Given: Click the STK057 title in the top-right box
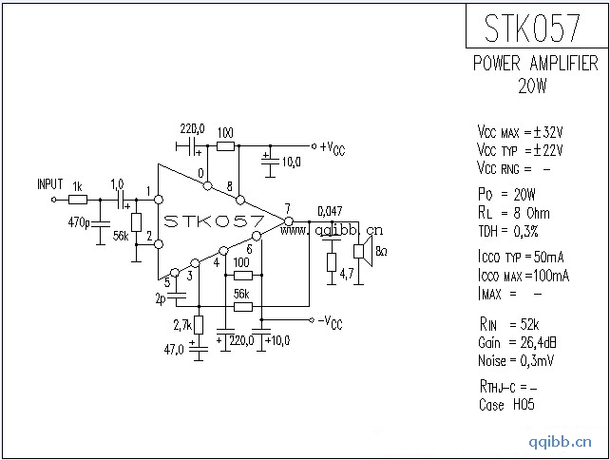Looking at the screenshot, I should click(532, 29).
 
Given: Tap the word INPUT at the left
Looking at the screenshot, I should click(49, 183).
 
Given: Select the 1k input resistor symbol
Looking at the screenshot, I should click(78, 200).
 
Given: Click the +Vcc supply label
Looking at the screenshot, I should click(333, 146).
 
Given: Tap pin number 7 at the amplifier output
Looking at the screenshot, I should click(287, 208).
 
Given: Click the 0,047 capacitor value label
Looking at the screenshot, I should click(330, 211).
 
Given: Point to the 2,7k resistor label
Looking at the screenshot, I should click(181, 326).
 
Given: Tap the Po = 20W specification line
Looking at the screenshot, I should click(509, 195).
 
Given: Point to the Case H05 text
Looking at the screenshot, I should click(506, 405).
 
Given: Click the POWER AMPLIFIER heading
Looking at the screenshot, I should click(535, 64).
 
